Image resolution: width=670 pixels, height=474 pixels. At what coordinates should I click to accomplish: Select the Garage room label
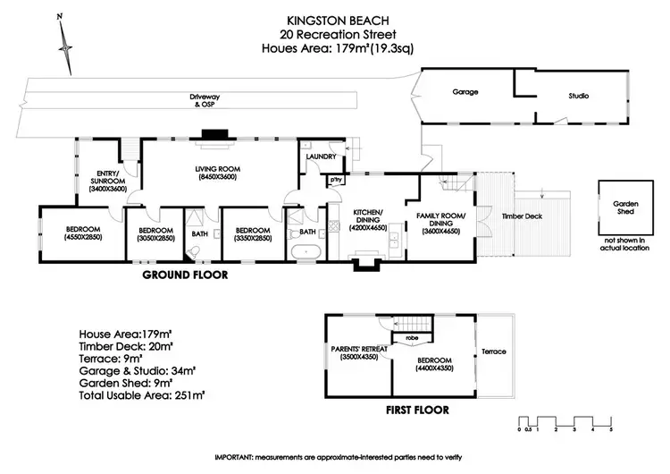(x=465, y=92)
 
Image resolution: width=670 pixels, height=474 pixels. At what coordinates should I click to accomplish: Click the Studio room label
(x=578, y=94)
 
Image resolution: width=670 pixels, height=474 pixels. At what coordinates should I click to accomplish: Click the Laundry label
(x=320, y=157)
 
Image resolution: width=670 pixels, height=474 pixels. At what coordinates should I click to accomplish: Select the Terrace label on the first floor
(x=493, y=351)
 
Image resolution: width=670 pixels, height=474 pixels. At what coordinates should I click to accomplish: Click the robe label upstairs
(x=412, y=339)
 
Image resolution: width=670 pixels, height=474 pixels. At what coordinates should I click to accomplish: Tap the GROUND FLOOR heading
(x=186, y=276)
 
